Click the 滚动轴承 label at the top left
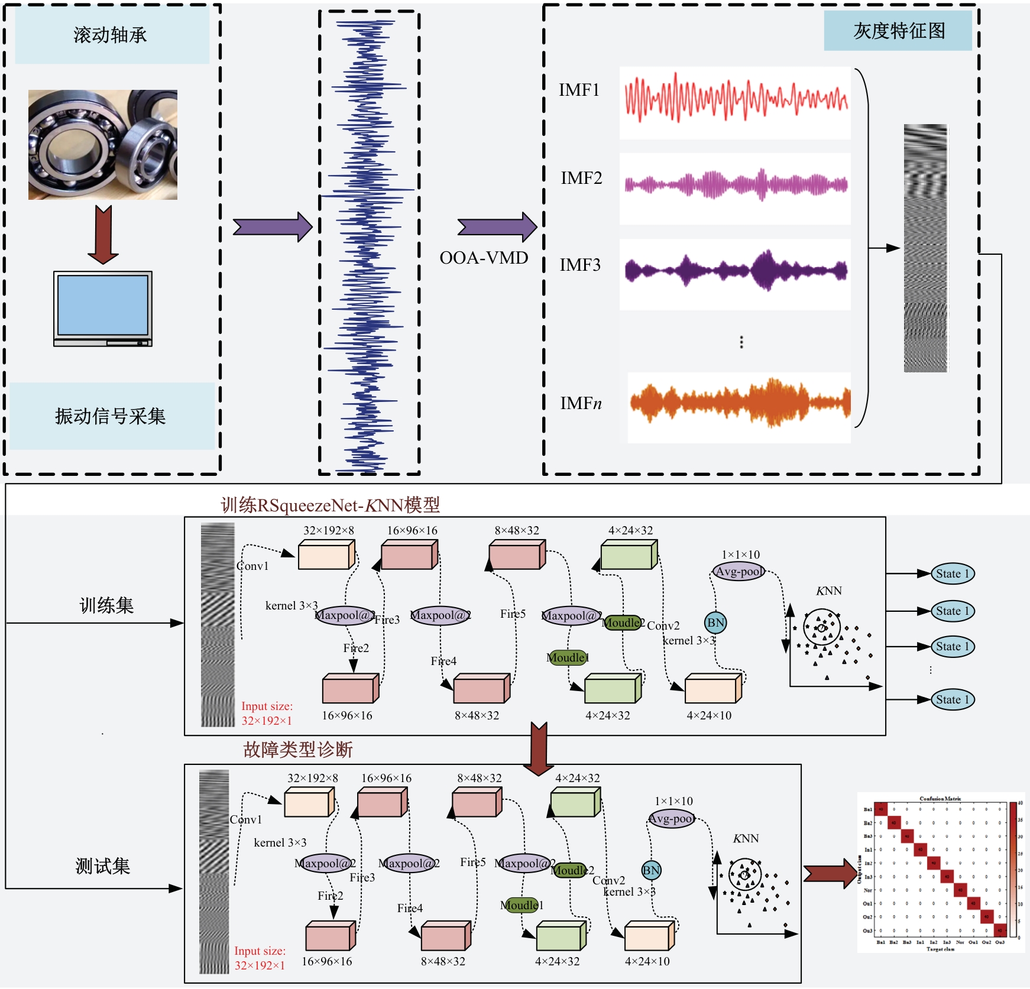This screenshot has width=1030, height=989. pyautogui.click(x=111, y=35)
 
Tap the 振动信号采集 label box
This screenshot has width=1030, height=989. pyautogui.click(x=111, y=416)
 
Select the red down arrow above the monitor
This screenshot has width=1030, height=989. pyautogui.click(x=103, y=234)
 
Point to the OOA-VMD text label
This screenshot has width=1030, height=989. pyautogui.click(x=484, y=258)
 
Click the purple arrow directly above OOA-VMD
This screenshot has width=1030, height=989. pyautogui.click(x=497, y=227)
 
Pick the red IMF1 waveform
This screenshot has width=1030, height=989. pyautogui.click(x=736, y=98)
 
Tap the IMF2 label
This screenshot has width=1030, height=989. pyautogui.click(x=581, y=178)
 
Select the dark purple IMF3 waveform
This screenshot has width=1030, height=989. pyautogui.click(x=736, y=271)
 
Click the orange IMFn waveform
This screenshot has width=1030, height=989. pyautogui.click(x=739, y=403)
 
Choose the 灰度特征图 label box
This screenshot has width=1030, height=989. pyautogui.click(x=898, y=31)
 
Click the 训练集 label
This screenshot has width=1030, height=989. pyautogui.click(x=106, y=605)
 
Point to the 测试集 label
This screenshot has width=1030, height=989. pyautogui.click(x=102, y=866)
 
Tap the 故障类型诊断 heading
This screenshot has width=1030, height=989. pyautogui.click(x=297, y=750)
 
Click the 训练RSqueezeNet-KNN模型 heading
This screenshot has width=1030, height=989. pyautogui.click(x=330, y=505)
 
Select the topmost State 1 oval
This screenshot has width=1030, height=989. pyautogui.click(x=952, y=573)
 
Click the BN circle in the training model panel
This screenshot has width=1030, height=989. pyautogui.click(x=715, y=622)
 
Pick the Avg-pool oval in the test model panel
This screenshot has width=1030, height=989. pyautogui.click(x=672, y=819)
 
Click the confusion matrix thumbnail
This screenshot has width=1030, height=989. pyautogui.click(x=940, y=872)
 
